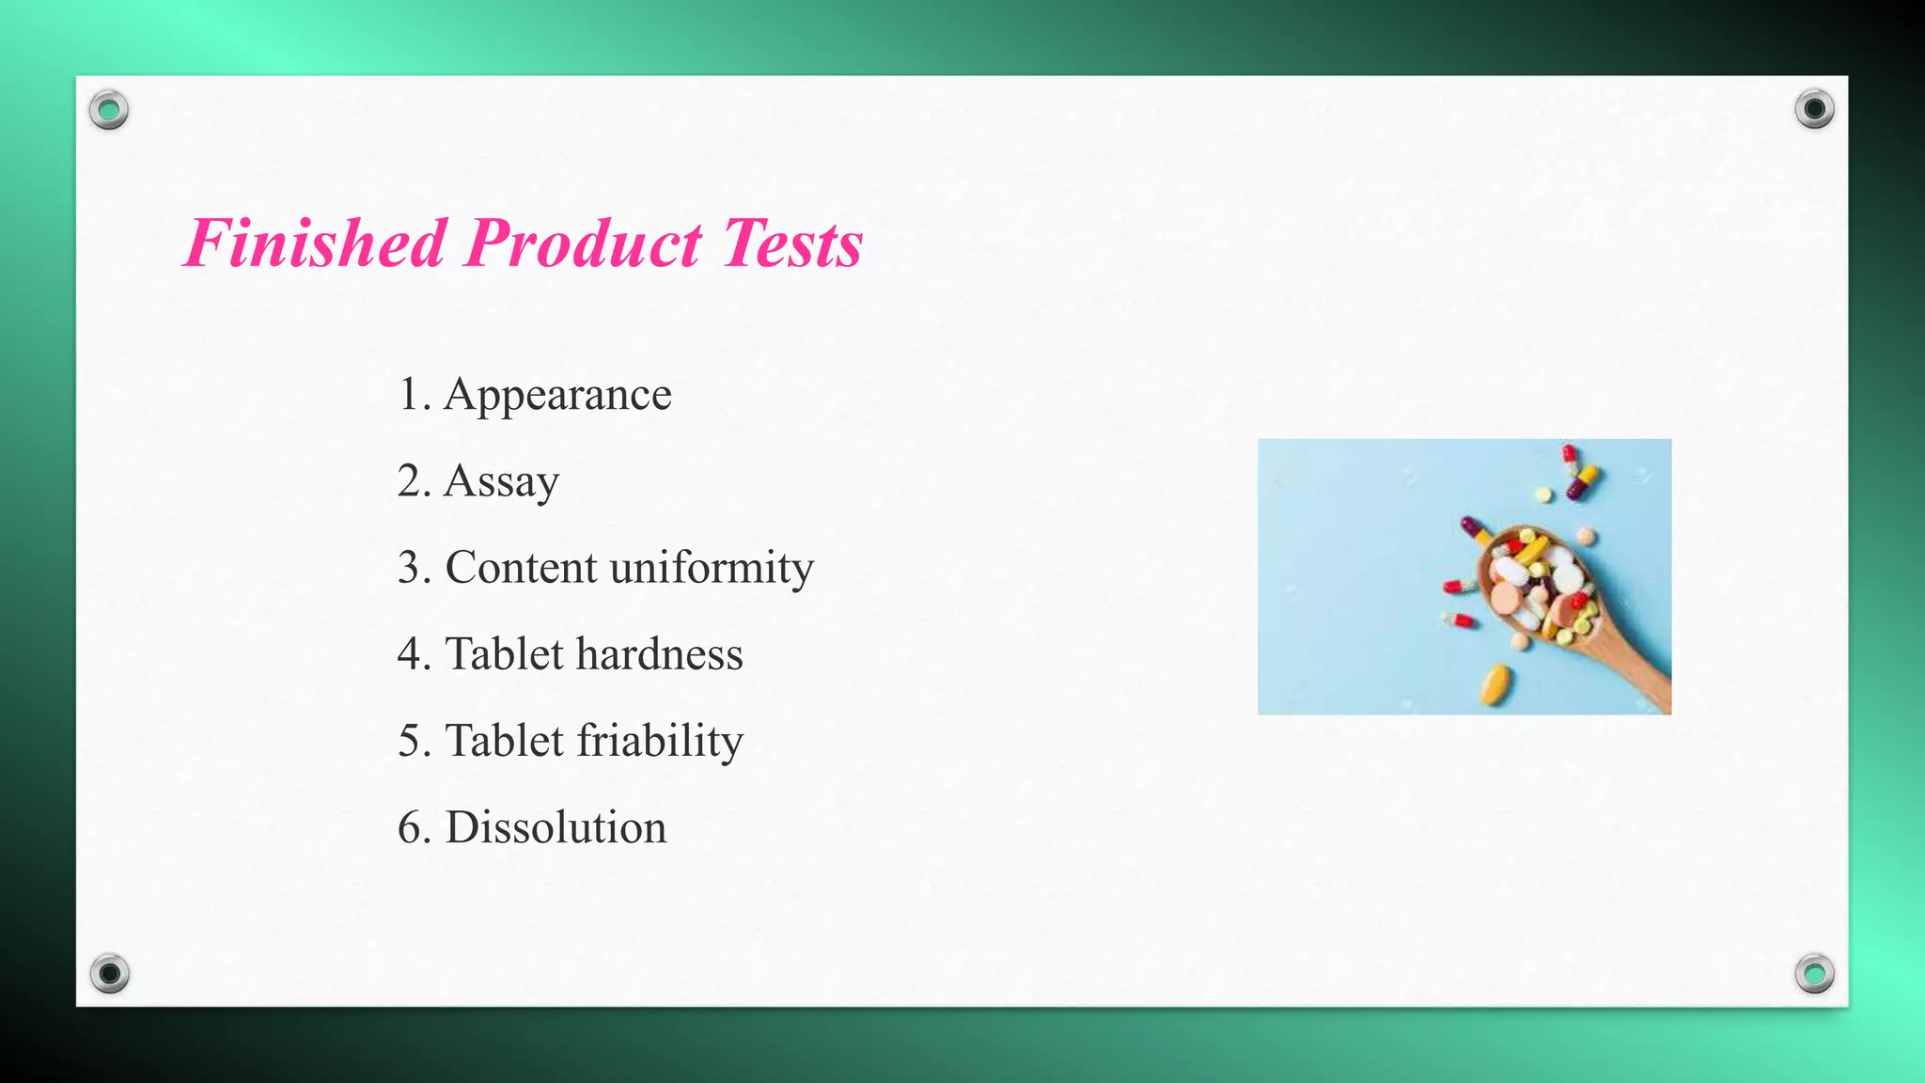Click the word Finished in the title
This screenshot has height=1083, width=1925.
click(315, 243)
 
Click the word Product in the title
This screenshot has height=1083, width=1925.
click(583, 243)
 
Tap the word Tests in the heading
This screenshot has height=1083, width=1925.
click(792, 243)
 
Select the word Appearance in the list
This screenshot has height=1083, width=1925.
click(557, 395)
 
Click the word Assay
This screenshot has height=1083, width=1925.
click(501, 481)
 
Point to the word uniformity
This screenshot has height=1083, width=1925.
click(712, 568)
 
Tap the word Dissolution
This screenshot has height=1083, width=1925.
click(556, 827)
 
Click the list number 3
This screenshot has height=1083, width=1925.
click(410, 568)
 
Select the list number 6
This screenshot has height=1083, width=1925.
click(410, 827)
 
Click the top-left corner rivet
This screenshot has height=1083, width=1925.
click(109, 110)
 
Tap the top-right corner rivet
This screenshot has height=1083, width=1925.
click(1814, 109)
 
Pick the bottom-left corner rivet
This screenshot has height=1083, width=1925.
click(109, 972)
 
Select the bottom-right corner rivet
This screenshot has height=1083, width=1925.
click(1814, 972)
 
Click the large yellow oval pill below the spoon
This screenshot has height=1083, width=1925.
click(1497, 683)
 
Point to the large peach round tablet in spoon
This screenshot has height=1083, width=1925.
click(1507, 597)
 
